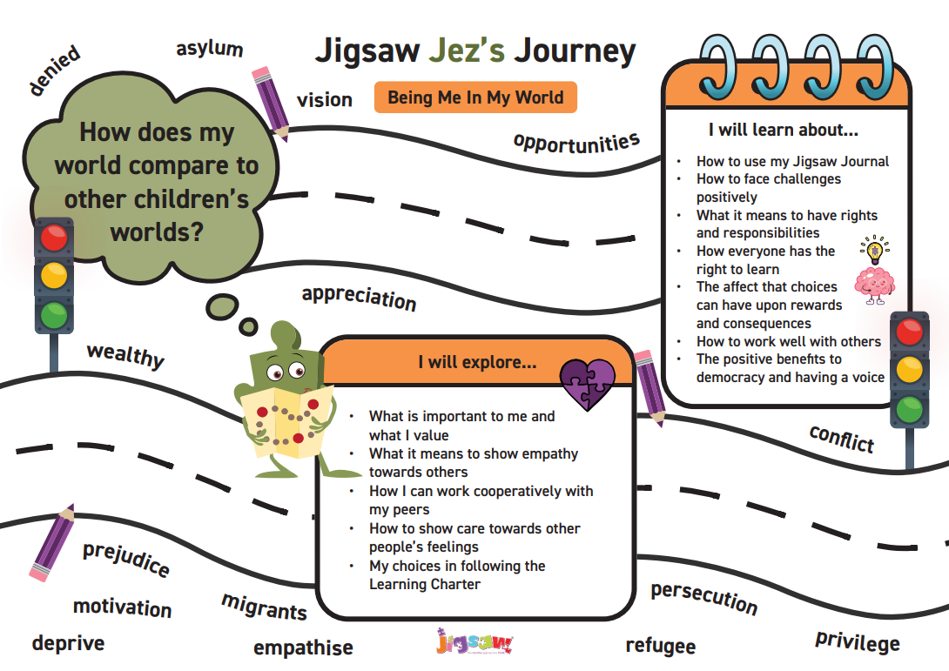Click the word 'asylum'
point(210,49)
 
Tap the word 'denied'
point(55,70)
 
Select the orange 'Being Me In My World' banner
point(475,97)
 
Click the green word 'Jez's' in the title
point(467,50)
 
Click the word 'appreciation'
point(360,297)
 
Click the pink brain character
point(874,285)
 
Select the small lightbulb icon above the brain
point(874,250)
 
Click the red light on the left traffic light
point(54,238)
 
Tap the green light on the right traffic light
point(909,409)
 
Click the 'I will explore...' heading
point(477,362)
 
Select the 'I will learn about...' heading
point(784,130)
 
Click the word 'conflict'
point(842,438)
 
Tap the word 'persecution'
point(703,596)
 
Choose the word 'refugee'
point(660,646)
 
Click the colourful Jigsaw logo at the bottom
point(474,642)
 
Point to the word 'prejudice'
point(126,558)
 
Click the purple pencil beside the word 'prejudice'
point(52,542)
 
